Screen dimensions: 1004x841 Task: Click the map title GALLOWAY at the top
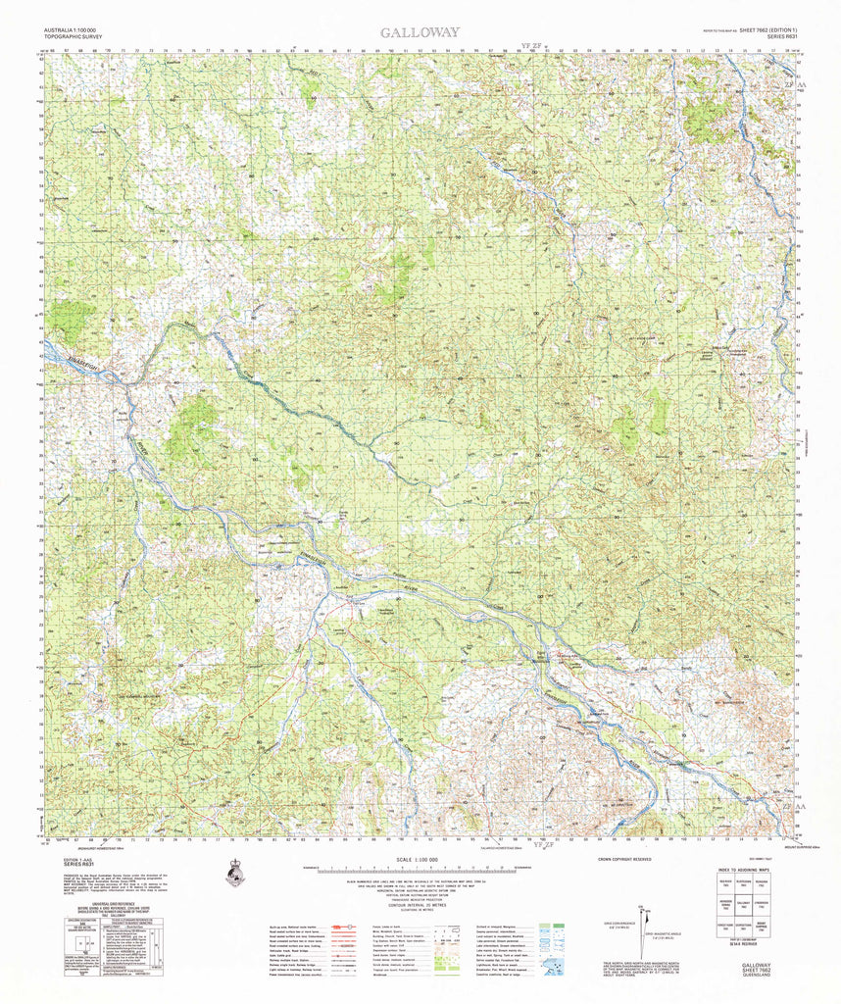(x=420, y=32)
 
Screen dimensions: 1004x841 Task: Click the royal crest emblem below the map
(x=234, y=872)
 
